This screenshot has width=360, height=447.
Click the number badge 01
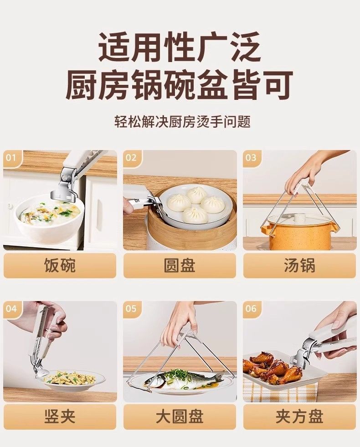click(x=11, y=158)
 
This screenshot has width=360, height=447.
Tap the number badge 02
click(x=131, y=158)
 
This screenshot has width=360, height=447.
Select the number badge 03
click(x=251, y=158)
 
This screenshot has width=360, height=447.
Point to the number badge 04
click(x=11, y=308)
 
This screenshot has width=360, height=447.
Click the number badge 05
click(x=131, y=308)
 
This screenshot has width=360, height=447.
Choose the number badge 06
click(x=251, y=308)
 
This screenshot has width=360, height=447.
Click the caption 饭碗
click(x=60, y=265)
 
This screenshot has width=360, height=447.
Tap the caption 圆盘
click(x=180, y=265)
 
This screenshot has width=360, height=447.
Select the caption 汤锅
click(x=300, y=265)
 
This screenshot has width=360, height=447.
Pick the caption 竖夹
click(x=60, y=416)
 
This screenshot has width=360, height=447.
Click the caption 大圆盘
click(x=180, y=416)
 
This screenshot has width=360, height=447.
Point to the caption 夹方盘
click(x=300, y=416)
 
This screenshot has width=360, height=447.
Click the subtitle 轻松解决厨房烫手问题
click(x=183, y=122)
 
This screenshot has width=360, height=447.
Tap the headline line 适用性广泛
click(x=180, y=47)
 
